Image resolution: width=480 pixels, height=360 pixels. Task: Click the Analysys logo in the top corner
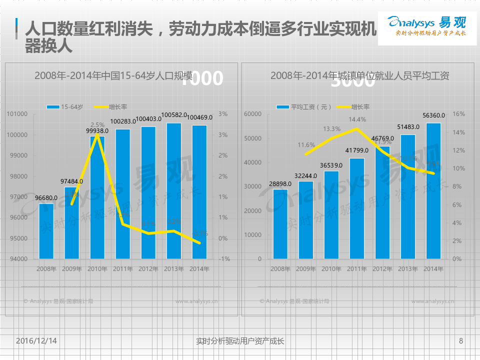(x=427, y=27)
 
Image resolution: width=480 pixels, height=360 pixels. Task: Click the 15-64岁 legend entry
(x=65, y=107)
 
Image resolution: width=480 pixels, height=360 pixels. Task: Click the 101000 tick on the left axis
(x=17, y=114)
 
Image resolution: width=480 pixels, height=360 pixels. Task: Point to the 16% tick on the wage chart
(x=458, y=114)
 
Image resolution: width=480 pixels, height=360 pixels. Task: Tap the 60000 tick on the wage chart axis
(x=252, y=114)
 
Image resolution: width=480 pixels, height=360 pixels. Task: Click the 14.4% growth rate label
(x=357, y=119)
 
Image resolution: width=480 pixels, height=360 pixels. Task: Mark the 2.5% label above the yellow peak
(x=97, y=124)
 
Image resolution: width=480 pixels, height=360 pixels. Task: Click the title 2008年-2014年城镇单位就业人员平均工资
(x=359, y=76)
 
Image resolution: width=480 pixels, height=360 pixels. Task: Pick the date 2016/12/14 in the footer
(x=36, y=341)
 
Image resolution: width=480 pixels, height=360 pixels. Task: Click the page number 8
(x=460, y=341)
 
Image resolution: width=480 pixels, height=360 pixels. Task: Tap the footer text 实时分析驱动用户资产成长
(x=240, y=341)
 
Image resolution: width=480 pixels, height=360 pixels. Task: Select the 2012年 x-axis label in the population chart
(x=148, y=269)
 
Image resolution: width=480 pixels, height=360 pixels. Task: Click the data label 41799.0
(x=357, y=150)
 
